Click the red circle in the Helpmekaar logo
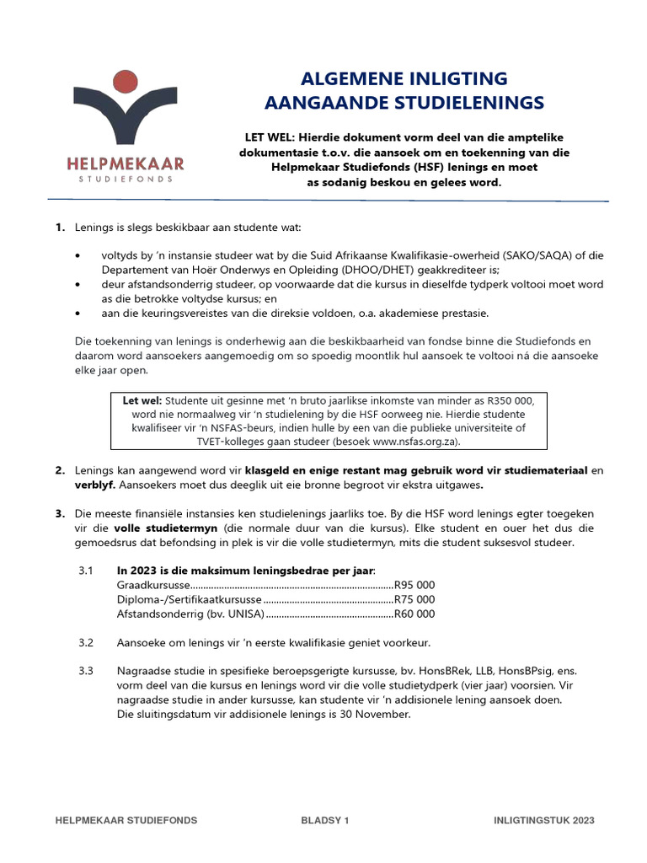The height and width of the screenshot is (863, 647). [126, 82]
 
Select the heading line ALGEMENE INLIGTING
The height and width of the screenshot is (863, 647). [404, 79]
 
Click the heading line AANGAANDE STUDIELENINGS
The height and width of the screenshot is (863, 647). [404, 103]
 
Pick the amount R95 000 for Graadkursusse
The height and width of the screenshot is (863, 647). [414, 586]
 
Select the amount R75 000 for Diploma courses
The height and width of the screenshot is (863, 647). [414, 600]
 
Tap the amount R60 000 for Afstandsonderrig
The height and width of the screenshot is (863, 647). [414, 614]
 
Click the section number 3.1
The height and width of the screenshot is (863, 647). [86, 571]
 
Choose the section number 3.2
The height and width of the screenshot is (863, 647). [86, 643]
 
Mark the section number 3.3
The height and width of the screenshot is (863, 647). [86, 672]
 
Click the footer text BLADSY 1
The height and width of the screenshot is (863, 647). [324, 820]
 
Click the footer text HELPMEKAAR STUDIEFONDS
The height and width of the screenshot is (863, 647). [126, 820]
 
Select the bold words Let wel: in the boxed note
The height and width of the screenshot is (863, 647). [142, 400]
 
